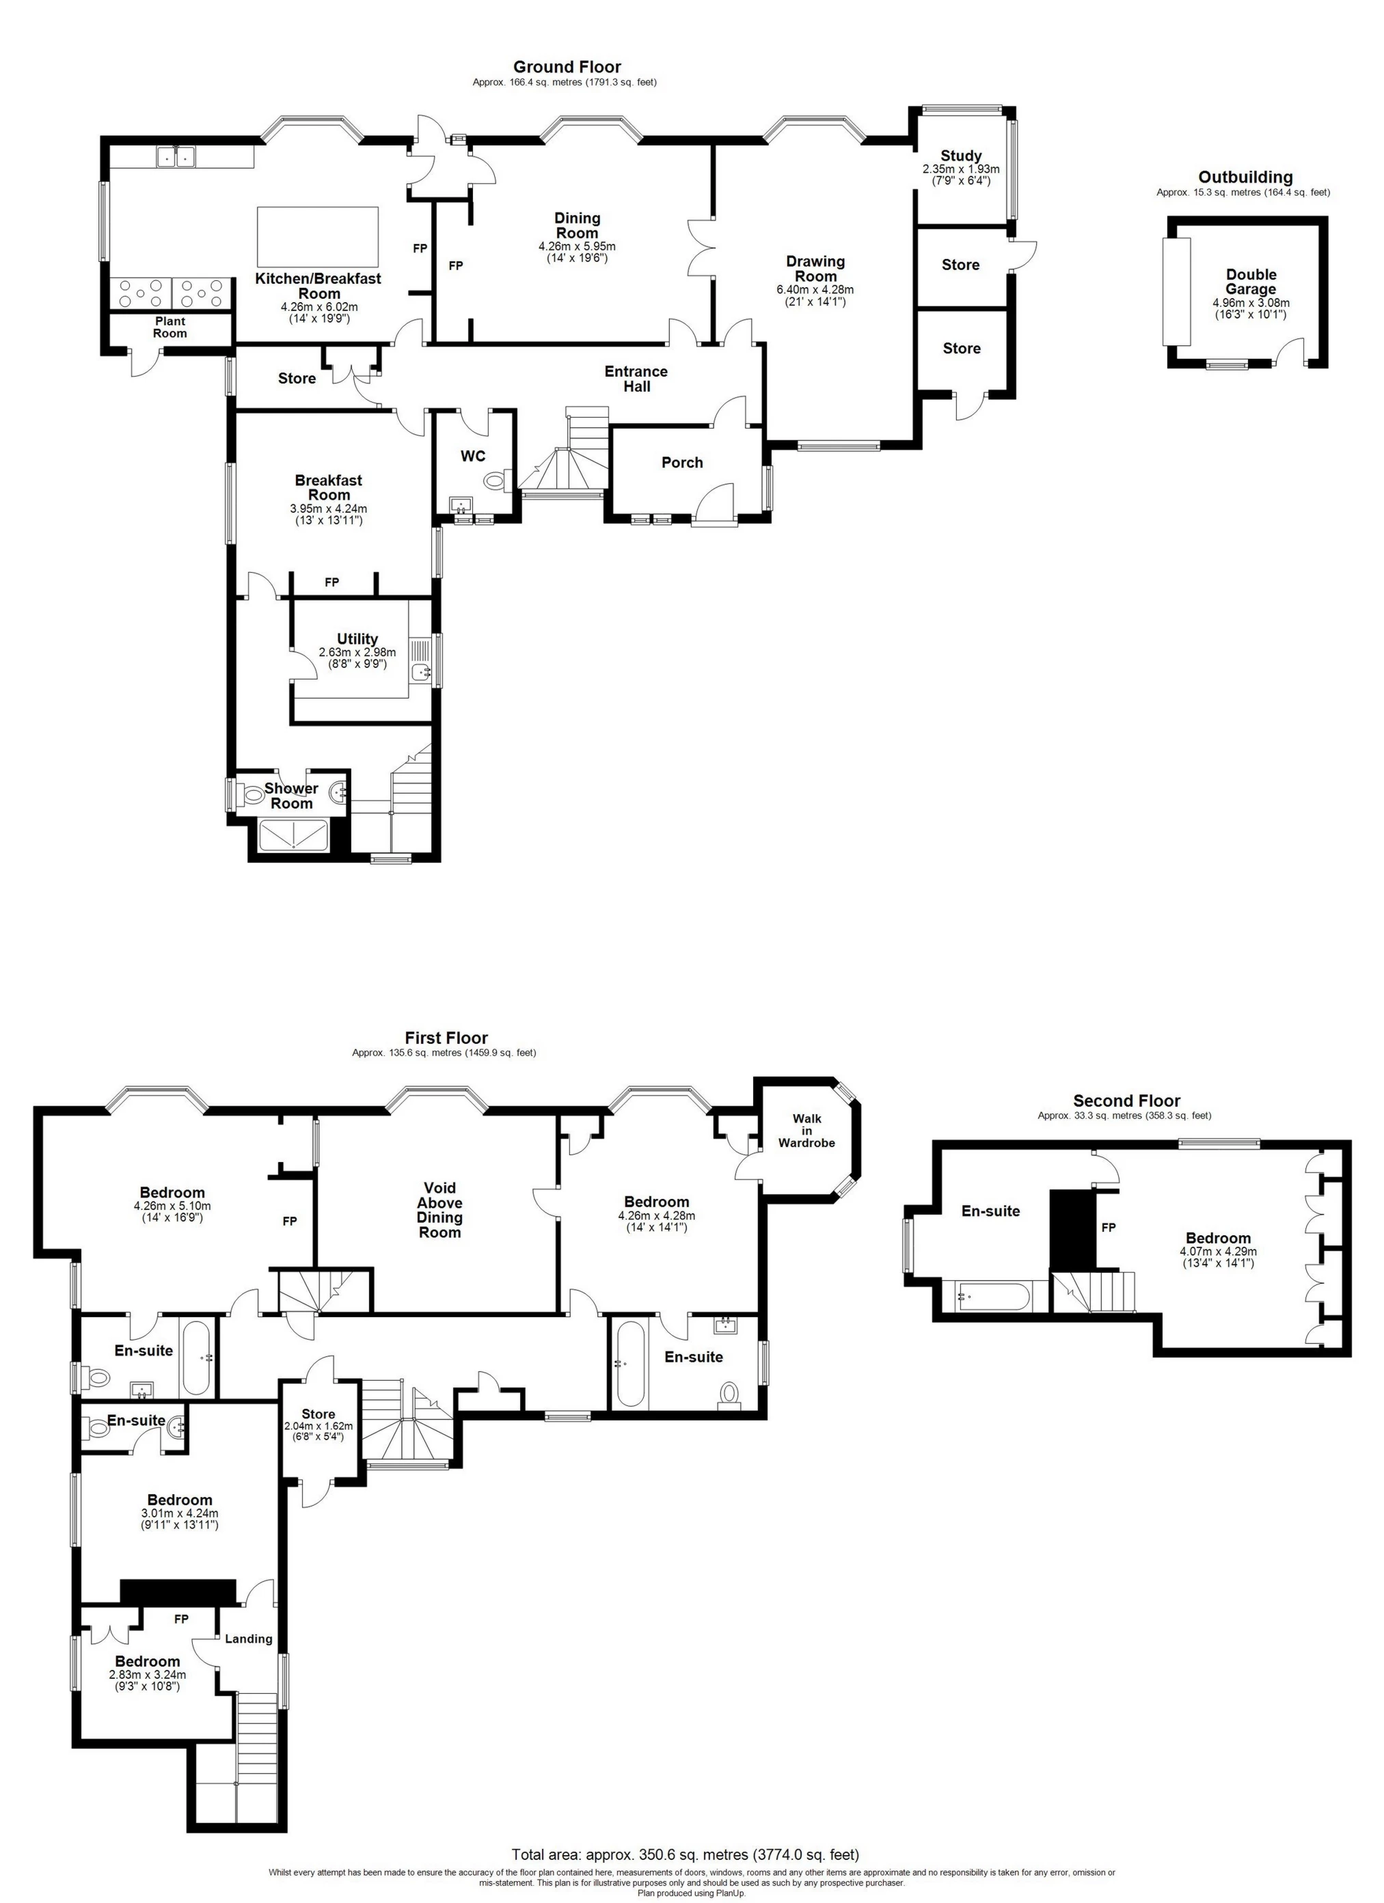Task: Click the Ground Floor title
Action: click(x=567, y=66)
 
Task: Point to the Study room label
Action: click(x=960, y=155)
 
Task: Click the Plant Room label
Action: click(x=170, y=327)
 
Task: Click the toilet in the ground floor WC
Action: click(x=496, y=481)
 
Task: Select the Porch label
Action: click(x=682, y=462)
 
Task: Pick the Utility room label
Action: click(x=357, y=638)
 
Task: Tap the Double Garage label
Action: click(x=1251, y=282)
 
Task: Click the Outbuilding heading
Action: click(x=1245, y=177)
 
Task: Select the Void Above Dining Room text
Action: click(x=439, y=1210)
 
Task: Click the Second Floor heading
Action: click(x=1126, y=1100)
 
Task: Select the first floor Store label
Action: click(x=318, y=1414)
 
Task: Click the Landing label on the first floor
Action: click(x=249, y=1638)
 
